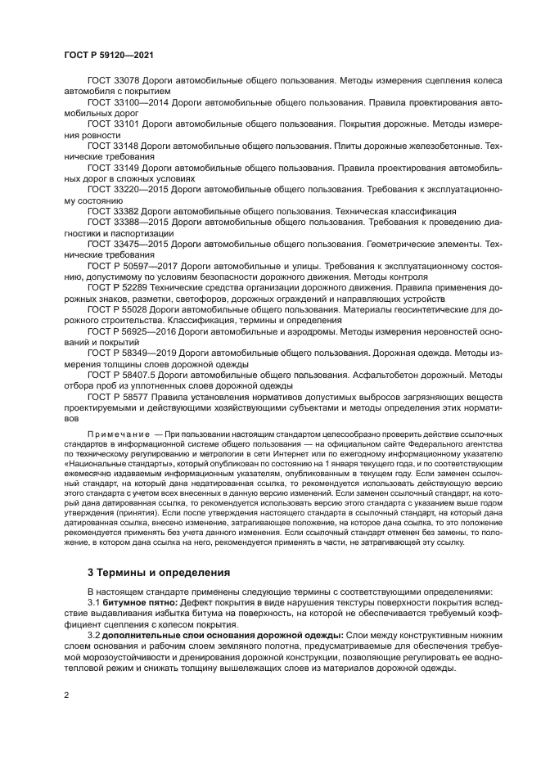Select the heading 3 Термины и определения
click(x=160, y=572)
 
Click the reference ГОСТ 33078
click(x=115, y=81)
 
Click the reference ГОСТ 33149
click(x=115, y=167)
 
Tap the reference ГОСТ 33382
click(x=115, y=210)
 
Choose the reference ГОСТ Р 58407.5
click(x=124, y=375)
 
